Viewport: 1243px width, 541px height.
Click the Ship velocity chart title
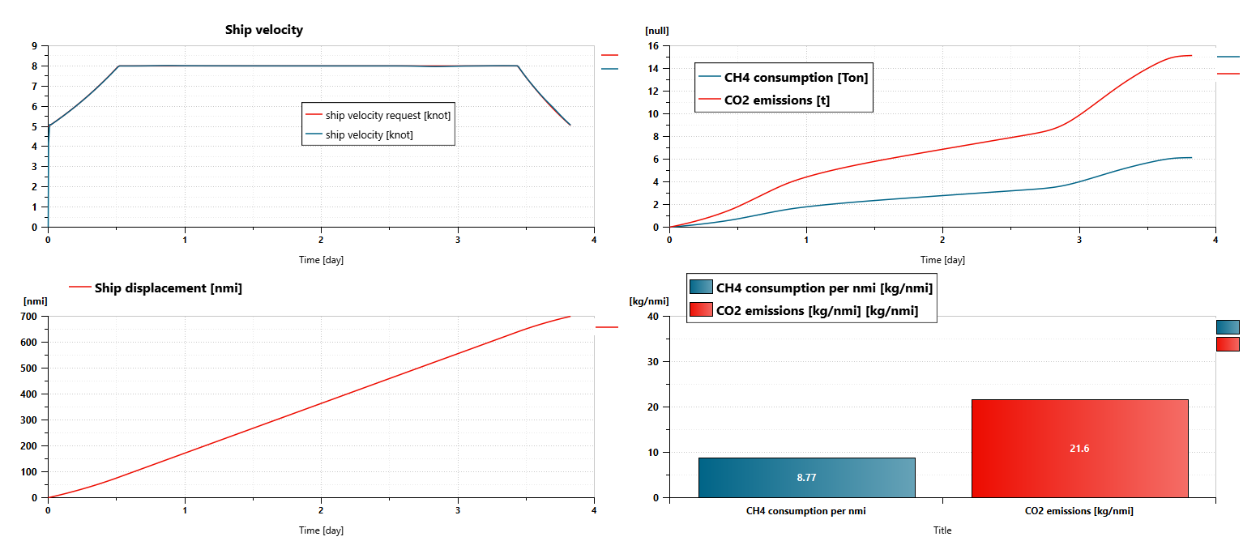pos(263,30)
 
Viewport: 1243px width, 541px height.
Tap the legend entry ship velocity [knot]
pos(369,134)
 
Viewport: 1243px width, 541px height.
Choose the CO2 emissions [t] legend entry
pos(776,100)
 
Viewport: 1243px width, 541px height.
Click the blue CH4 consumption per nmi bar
pos(806,477)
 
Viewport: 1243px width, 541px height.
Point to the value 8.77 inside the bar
pos(806,478)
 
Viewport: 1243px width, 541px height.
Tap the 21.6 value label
pos(1079,448)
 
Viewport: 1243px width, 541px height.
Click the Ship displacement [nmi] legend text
pos(168,288)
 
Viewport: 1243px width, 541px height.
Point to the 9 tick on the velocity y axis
pos(35,46)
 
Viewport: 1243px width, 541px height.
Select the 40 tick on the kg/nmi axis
pos(656,317)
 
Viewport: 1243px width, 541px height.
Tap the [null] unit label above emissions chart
pos(656,31)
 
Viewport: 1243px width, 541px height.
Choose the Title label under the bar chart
pos(942,530)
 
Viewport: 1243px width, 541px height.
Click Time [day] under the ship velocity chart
pos(321,260)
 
